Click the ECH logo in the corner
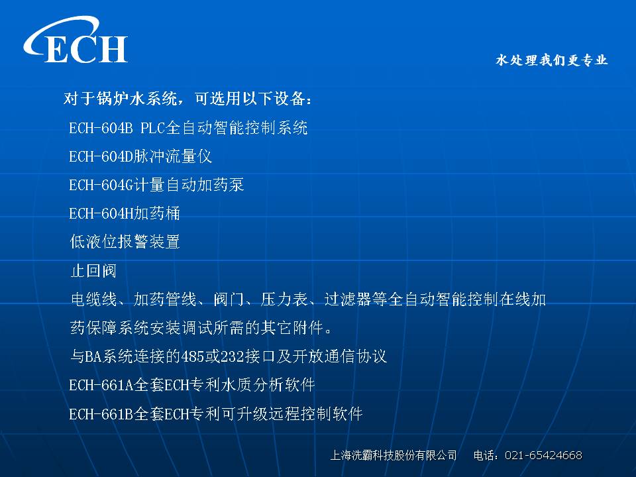[x=76, y=40]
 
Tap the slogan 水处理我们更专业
[x=552, y=60]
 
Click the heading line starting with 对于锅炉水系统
[x=187, y=99]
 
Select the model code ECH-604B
[x=101, y=128]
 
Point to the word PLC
[x=153, y=128]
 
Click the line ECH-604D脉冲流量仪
[x=140, y=156]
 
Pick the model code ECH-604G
[x=101, y=185]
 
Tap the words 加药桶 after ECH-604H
[x=156, y=213]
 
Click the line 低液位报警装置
[x=125, y=242]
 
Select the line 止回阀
[x=93, y=270]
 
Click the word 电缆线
[x=93, y=299]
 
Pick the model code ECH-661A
[x=101, y=385]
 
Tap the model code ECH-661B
[x=101, y=414]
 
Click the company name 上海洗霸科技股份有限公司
[x=394, y=455]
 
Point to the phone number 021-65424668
[x=543, y=455]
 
